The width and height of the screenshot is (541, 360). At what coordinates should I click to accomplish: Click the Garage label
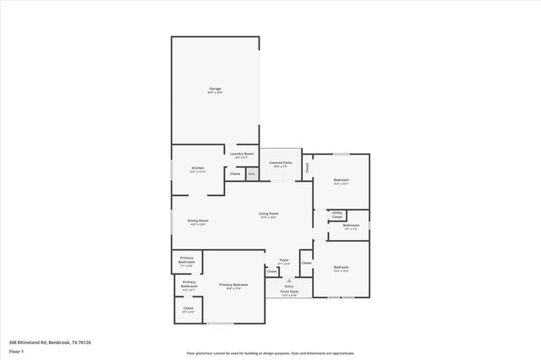pyautogui.click(x=216, y=89)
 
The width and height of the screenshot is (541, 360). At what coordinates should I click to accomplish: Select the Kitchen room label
pyautogui.click(x=198, y=168)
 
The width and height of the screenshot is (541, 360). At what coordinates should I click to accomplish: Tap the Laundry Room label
pyautogui.click(x=242, y=154)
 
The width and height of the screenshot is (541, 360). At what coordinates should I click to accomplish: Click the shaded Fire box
pyautogui.click(x=251, y=174)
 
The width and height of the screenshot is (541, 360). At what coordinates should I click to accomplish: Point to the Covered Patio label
pyautogui.click(x=281, y=162)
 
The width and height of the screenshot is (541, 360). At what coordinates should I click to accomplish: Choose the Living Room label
pyautogui.click(x=269, y=214)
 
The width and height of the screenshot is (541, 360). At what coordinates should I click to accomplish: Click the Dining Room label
pyautogui.click(x=198, y=221)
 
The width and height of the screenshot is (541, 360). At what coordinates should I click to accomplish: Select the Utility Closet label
pyautogui.click(x=337, y=215)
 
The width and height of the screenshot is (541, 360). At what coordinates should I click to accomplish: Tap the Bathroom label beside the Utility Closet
pyautogui.click(x=351, y=226)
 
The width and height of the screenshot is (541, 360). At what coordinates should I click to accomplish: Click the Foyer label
pyautogui.click(x=284, y=260)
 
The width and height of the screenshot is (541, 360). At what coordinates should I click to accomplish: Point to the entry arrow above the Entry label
pyautogui.click(x=289, y=280)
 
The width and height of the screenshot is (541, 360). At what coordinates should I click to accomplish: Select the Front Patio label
pyautogui.click(x=289, y=292)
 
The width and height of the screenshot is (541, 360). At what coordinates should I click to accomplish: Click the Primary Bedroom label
pyautogui.click(x=233, y=285)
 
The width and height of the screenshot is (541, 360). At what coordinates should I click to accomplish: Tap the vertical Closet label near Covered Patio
pyautogui.click(x=308, y=167)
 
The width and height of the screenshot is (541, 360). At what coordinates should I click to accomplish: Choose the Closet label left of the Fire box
pyautogui.click(x=235, y=174)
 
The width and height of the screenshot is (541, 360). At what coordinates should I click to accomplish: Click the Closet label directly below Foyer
pyautogui.click(x=271, y=271)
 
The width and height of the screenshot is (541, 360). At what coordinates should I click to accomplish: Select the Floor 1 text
pyautogui.click(x=15, y=350)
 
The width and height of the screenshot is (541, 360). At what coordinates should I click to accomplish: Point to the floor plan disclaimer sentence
pyautogui.click(x=270, y=353)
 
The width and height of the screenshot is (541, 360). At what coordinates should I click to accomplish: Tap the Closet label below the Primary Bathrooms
pyautogui.click(x=188, y=308)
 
